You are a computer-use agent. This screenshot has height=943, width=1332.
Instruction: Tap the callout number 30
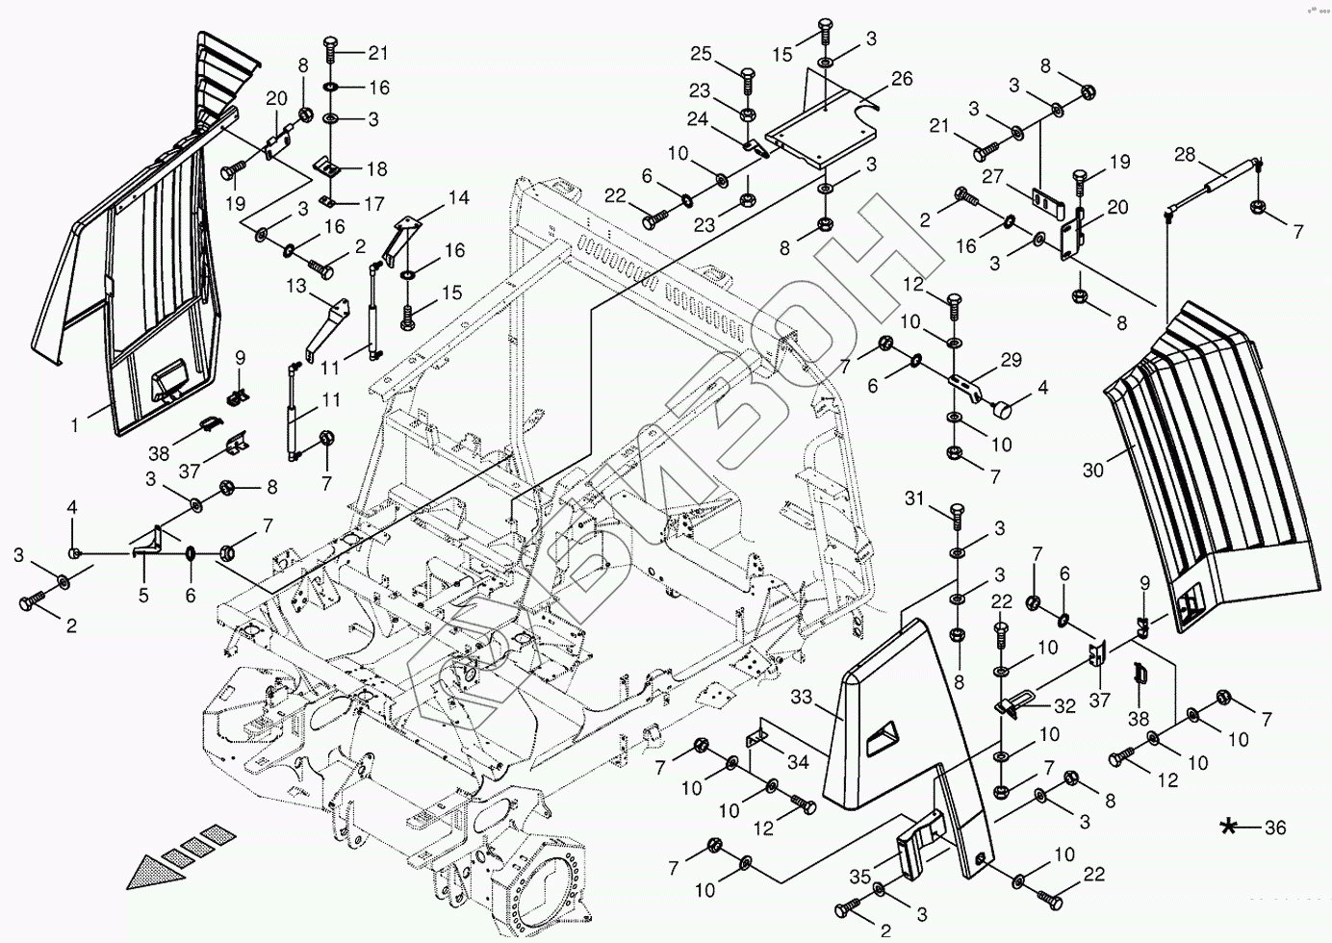pos(1093,471)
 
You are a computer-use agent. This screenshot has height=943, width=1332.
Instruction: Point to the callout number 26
pos(901,79)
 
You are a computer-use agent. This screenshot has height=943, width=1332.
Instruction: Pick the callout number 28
pos(1185,154)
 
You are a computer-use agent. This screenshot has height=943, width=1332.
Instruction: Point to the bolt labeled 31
pos(956,515)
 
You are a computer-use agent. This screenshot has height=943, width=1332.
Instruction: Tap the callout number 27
pos(994,176)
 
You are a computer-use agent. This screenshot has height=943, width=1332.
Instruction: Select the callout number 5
pos(143,596)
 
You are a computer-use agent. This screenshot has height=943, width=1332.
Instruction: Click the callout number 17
pos(375,205)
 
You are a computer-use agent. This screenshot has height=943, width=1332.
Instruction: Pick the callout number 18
pos(376,169)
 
